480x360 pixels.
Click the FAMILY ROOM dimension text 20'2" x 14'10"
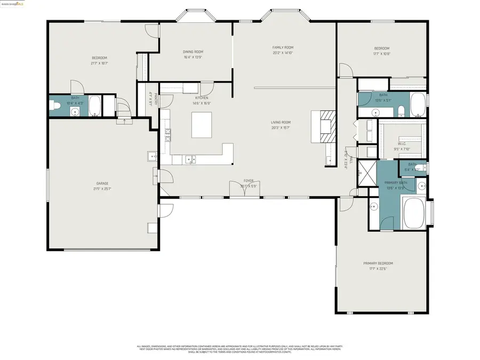(283, 53)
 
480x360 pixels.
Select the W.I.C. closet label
(403, 144)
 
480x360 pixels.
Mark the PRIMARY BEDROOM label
(378, 263)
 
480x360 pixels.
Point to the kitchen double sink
(190, 158)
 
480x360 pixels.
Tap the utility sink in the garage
(150, 156)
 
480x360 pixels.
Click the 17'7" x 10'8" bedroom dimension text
(381, 53)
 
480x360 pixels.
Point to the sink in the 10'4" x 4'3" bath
(75, 111)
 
